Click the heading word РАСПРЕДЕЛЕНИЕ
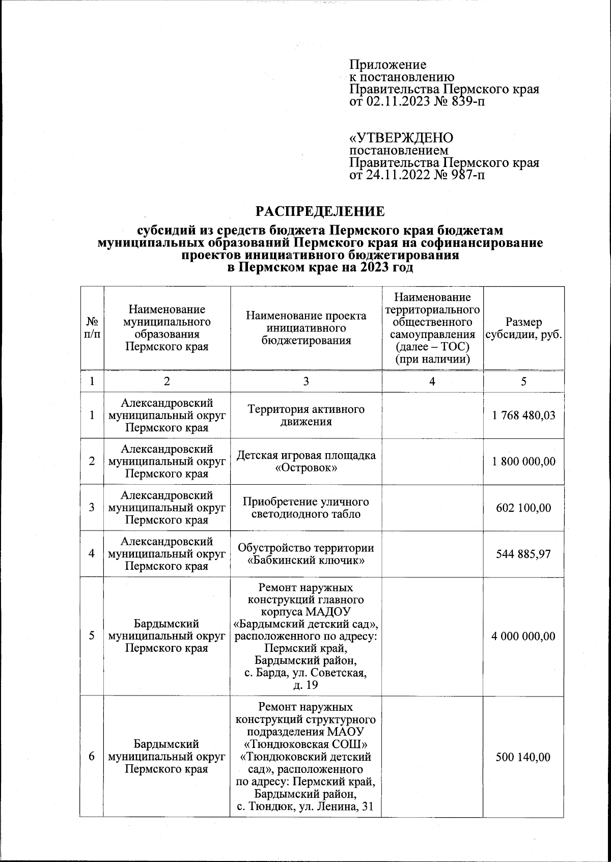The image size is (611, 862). click(320, 211)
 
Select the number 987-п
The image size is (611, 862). click(465, 176)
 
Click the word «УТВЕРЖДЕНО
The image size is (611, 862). click(401, 138)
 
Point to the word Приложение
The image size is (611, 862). click(387, 65)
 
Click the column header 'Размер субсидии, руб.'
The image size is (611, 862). click(523, 328)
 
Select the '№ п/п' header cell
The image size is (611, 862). click(92, 328)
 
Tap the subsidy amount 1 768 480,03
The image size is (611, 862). click(523, 415)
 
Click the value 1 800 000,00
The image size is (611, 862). click(523, 461)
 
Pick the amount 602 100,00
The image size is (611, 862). click(523, 508)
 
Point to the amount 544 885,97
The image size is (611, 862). click(523, 554)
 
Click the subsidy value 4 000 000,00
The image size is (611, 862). click(523, 636)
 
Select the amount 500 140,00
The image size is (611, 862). click(523, 757)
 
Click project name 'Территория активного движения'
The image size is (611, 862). click(305, 415)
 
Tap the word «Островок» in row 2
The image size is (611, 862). click(305, 468)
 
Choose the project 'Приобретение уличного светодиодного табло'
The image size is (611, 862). click(305, 508)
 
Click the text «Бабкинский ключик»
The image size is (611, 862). click(305, 561)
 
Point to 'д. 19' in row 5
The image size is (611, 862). click(305, 685)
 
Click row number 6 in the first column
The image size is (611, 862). click(92, 757)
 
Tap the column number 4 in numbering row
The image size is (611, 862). click(432, 381)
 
